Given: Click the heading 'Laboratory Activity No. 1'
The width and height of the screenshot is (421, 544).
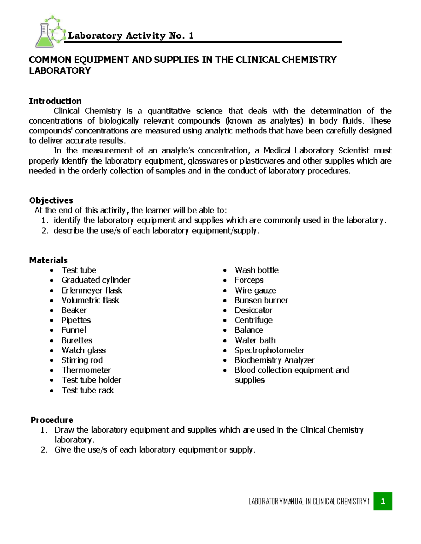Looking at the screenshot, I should [131, 36].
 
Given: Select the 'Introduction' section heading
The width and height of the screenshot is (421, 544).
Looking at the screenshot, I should [55, 101].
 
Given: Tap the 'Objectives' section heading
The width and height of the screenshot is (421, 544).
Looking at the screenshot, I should [51, 200].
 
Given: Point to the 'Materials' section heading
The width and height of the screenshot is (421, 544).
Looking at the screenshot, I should [48, 260].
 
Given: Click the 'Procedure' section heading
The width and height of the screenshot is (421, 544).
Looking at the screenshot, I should [52, 420].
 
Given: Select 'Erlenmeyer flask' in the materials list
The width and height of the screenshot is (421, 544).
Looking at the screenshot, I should [92, 290].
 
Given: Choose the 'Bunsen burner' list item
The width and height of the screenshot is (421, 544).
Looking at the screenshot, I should [261, 300].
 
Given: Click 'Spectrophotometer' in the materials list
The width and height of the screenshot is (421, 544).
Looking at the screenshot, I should [269, 350].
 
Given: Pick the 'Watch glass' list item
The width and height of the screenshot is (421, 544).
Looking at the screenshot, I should [83, 350].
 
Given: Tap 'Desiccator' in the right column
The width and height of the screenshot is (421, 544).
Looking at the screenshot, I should [253, 310].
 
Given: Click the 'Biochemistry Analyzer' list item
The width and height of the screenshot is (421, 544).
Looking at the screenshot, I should [274, 360].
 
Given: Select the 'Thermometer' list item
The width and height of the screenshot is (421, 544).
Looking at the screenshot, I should [86, 370].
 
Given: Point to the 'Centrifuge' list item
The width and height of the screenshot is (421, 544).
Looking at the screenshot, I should [253, 320].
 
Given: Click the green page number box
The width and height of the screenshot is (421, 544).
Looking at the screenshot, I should [382, 501].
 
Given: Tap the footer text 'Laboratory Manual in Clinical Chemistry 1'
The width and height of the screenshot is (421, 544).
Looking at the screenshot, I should [309, 502].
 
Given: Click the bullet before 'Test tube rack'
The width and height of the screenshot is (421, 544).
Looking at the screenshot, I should [52, 391].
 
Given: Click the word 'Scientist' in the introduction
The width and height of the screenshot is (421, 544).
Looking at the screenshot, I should [354, 151].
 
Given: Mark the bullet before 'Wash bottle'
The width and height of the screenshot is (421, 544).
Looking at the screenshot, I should [225, 270].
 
